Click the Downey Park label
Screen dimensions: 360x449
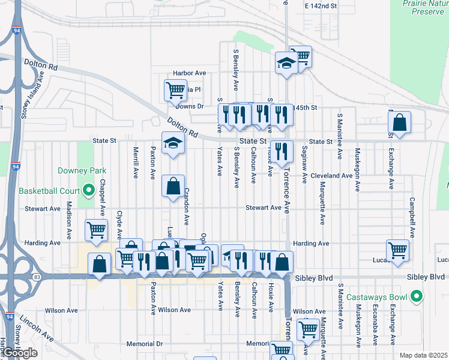click(77, 170)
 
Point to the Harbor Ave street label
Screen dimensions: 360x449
click(189, 73)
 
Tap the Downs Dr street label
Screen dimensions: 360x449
click(190, 106)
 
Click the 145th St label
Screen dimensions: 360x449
click(304, 107)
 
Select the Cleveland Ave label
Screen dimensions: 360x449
click(332, 176)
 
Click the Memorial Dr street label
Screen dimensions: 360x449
click(145, 344)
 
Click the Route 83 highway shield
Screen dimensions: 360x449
click(37, 277)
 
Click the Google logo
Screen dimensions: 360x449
click(20, 353)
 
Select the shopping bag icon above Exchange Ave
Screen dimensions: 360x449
click(399, 122)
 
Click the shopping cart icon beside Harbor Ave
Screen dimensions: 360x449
click(175, 90)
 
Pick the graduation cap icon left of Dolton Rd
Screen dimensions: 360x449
click(173, 143)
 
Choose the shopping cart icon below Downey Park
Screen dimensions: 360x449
click(96, 230)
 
